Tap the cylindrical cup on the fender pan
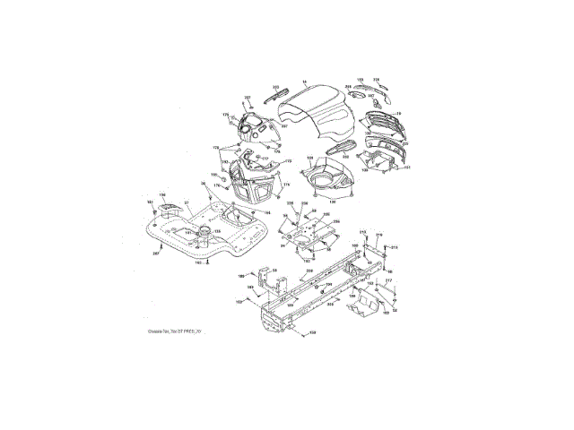click(x=203, y=234)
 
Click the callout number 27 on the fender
click(x=187, y=205)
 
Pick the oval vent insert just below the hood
click(x=342, y=146)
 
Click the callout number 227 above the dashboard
click(x=248, y=97)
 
